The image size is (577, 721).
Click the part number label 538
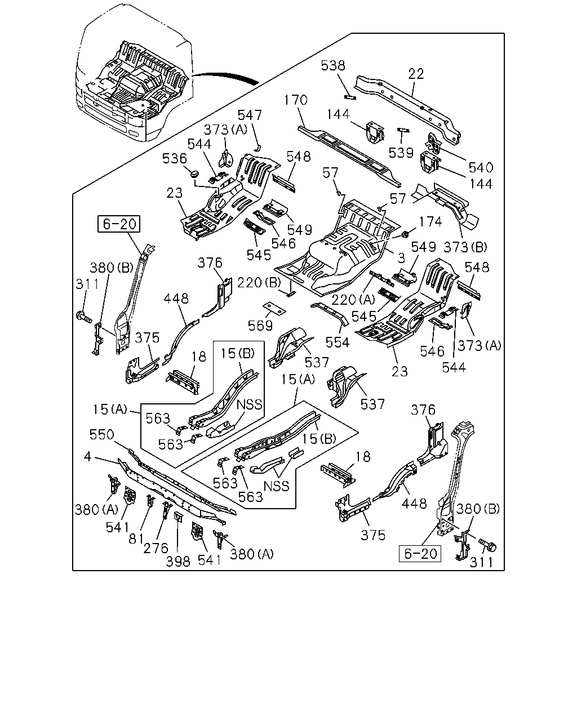pyautogui.click(x=333, y=66)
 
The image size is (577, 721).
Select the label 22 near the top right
pyautogui.click(x=416, y=74)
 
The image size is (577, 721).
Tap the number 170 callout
pyautogui.click(x=296, y=100)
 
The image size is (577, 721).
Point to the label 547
pyautogui.click(x=250, y=115)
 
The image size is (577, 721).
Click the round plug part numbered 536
pyautogui.click(x=194, y=174)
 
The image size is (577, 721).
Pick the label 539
pyautogui.click(x=401, y=153)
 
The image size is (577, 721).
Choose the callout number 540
pyautogui.click(x=481, y=167)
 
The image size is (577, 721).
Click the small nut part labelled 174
pyautogui.click(x=405, y=234)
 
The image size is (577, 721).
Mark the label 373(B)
pyautogui.click(x=465, y=247)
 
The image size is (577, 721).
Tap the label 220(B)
pyautogui.click(x=259, y=283)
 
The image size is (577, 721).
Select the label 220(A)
pyautogui.click(x=353, y=300)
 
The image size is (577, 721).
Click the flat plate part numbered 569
pyautogui.click(x=274, y=308)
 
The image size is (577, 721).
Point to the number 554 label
pyautogui.click(x=338, y=342)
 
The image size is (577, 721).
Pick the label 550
pyautogui.click(x=102, y=434)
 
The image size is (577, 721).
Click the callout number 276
pyautogui.click(x=156, y=548)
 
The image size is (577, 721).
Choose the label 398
pyautogui.click(x=178, y=561)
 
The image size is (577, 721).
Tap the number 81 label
pyautogui.click(x=136, y=538)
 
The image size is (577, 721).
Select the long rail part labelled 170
pyautogui.click(x=349, y=155)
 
